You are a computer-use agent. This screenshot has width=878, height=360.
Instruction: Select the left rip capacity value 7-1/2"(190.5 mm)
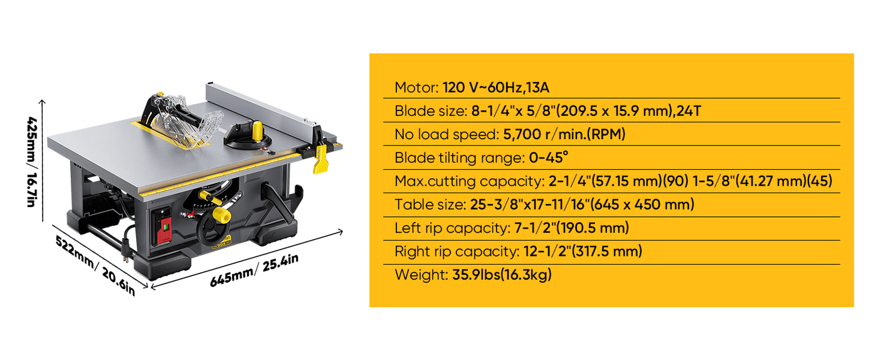[x=571, y=228]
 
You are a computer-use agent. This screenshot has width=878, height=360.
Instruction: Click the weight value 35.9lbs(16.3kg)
[x=502, y=275]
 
